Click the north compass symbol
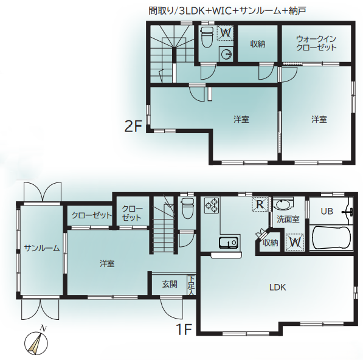point(36,342)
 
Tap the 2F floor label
point(133,126)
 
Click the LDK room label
point(277,287)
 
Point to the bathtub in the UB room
point(331,238)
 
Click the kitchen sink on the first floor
point(228,243)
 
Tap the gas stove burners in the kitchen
point(212,206)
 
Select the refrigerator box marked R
point(260,204)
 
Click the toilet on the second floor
point(207,37)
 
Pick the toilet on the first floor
point(187,208)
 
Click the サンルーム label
point(42,248)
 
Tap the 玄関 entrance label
point(170,284)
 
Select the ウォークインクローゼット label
point(316,43)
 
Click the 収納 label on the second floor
point(258,44)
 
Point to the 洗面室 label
point(288,219)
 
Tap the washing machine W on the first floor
point(295,242)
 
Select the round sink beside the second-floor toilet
point(226,55)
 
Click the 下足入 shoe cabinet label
point(191,285)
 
